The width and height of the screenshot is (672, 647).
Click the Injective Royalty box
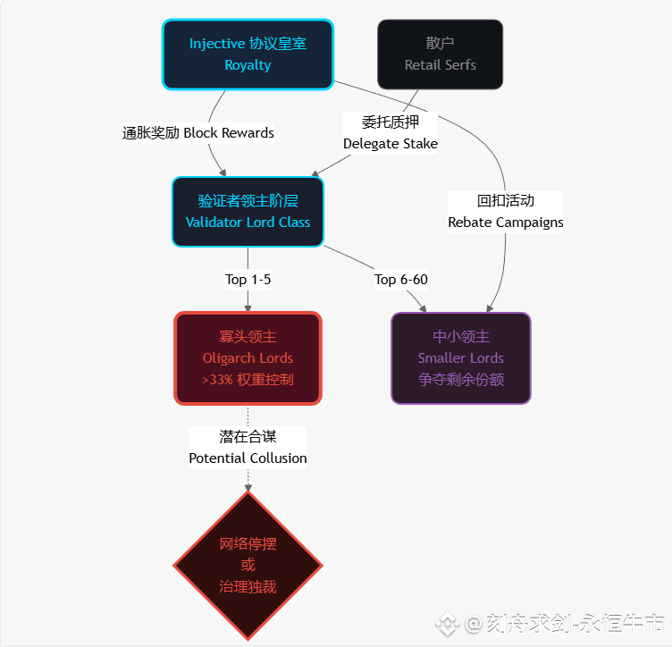click(248, 55)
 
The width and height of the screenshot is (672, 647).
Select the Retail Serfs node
click(440, 55)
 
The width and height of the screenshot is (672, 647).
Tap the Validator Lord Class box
click(248, 212)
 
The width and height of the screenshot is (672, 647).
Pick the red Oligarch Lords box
click(248, 357)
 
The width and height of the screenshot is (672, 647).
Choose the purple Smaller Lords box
click(460, 357)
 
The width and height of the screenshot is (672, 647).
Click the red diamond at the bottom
click(248, 565)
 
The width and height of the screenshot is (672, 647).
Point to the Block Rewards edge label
click(198, 133)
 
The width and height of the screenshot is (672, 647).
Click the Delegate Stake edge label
click(391, 133)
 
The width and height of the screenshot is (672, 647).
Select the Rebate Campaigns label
click(506, 212)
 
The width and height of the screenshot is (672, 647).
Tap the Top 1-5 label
click(248, 280)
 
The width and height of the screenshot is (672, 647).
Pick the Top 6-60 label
click(401, 280)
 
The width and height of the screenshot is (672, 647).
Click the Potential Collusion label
click(248, 448)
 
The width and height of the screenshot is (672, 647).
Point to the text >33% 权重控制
click(248, 379)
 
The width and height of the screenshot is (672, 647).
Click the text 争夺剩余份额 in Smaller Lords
click(460, 379)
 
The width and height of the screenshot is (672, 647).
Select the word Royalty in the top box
click(248, 65)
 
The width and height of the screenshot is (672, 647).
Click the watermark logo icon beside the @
click(447, 623)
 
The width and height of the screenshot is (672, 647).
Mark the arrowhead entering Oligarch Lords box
click(248, 307)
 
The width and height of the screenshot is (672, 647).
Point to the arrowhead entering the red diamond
click(248, 487)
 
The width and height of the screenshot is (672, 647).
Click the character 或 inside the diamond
click(248, 565)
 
